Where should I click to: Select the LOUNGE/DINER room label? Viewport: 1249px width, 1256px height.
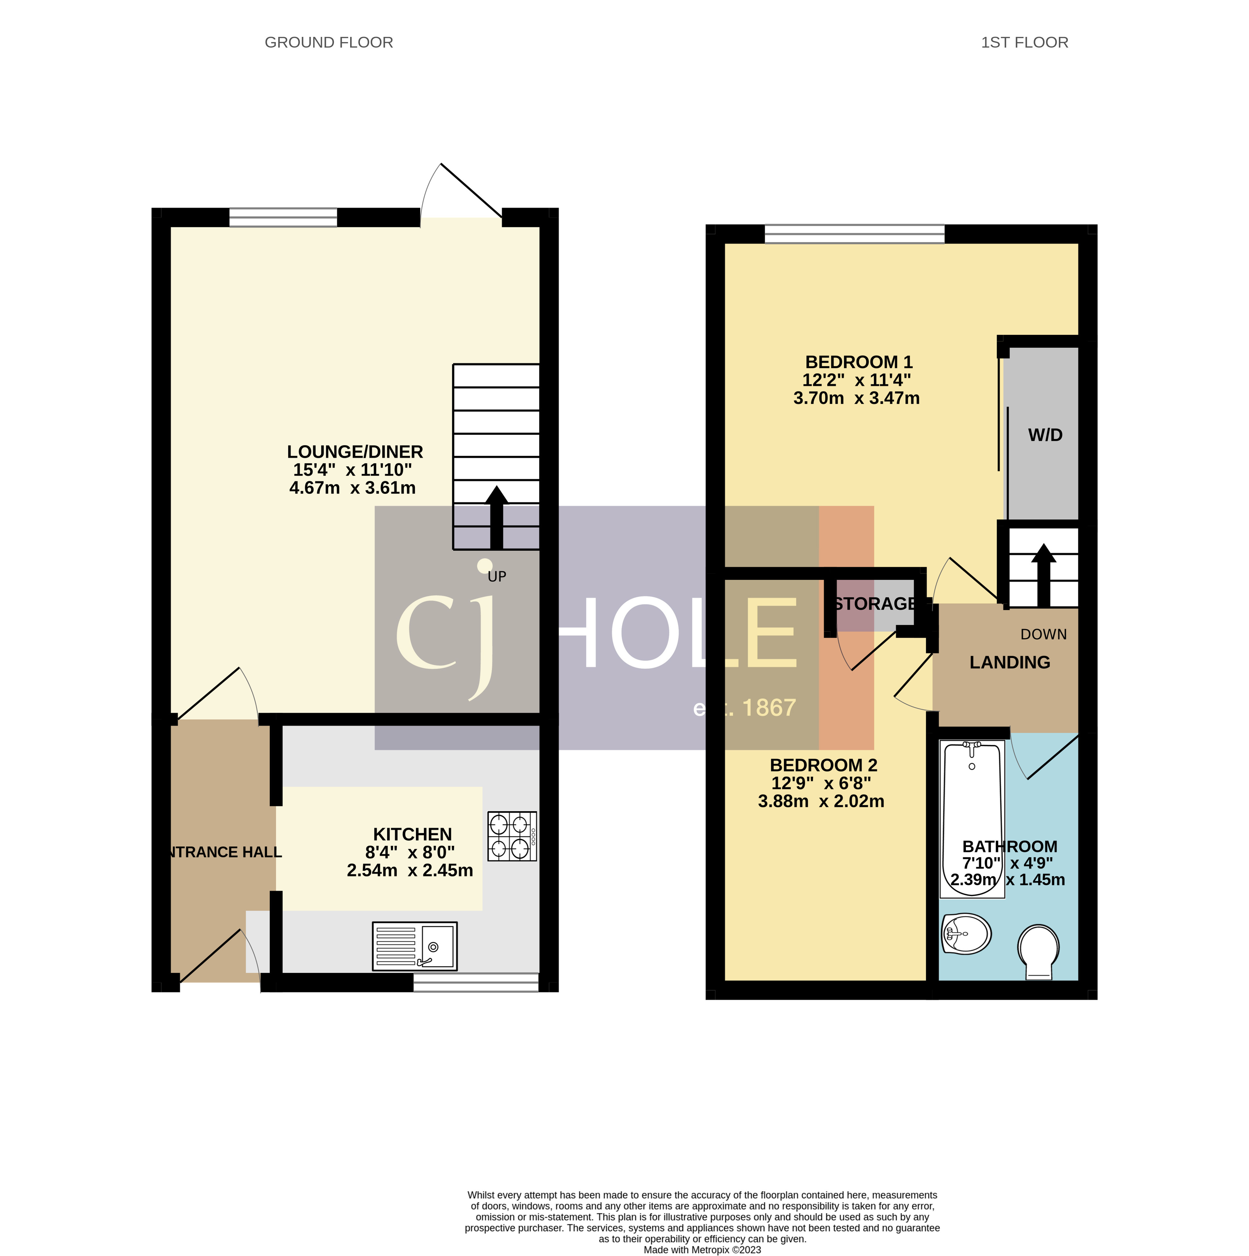click(x=355, y=452)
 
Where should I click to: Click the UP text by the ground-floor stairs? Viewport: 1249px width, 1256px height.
click(x=497, y=577)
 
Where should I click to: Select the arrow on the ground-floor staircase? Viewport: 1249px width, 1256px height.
click(x=497, y=517)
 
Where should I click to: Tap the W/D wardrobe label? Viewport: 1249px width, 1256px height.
click(x=1045, y=435)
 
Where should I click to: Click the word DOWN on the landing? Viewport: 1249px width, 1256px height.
click(x=1044, y=635)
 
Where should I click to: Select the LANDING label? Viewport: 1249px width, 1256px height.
click(x=1010, y=662)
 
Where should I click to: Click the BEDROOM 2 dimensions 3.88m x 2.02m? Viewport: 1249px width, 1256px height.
click(x=821, y=802)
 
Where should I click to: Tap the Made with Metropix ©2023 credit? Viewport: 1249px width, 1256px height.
click(x=702, y=1250)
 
